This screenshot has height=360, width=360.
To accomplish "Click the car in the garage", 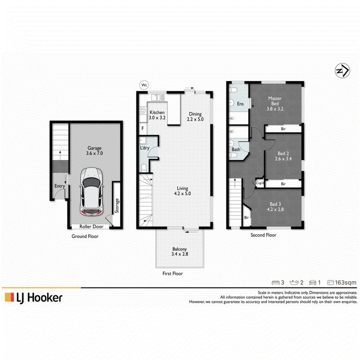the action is tap(92, 192).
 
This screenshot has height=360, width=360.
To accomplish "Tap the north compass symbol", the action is tap(342, 71).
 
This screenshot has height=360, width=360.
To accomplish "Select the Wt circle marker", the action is tap(144, 85).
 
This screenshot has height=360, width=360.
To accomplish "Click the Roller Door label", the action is tap(91, 227).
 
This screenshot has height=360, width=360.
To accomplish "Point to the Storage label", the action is tap(117, 206).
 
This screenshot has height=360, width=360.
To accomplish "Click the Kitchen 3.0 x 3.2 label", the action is tap(157, 115).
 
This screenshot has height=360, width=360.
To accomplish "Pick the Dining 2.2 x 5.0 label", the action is tap(195, 117).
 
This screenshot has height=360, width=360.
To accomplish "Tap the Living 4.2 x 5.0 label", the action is tap(183, 191).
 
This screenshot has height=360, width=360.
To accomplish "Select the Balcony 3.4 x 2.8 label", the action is tap(180, 252).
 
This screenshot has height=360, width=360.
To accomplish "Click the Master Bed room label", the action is tap(275, 103).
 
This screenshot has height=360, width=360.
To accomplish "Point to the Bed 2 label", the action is tap(283, 153).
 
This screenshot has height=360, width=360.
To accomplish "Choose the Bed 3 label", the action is tap(275, 204).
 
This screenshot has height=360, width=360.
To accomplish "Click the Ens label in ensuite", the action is tap(240, 104).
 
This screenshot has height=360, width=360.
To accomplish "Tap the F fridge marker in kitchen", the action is tap(143, 128).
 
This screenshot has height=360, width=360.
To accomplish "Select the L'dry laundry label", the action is tap(144, 148).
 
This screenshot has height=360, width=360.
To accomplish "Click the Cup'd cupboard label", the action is tap(260, 183).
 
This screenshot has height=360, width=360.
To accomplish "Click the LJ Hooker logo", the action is tap(33, 298).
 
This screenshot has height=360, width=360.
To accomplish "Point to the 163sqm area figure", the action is tap(346, 283).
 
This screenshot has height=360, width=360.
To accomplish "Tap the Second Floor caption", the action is tap(263, 235).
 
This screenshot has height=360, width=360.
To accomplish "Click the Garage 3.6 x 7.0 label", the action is tap(94, 151).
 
